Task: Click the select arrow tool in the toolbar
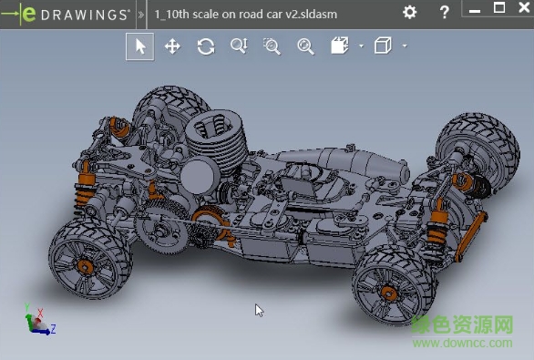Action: (139, 46)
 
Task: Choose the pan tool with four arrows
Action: (172, 46)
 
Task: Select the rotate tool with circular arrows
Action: (206, 46)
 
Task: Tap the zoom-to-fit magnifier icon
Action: (305, 46)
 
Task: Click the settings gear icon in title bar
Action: (410, 13)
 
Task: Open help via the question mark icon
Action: (444, 13)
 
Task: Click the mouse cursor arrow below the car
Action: (259, 310)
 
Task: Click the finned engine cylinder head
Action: (216, 137)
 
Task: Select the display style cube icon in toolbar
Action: (383, 46)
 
